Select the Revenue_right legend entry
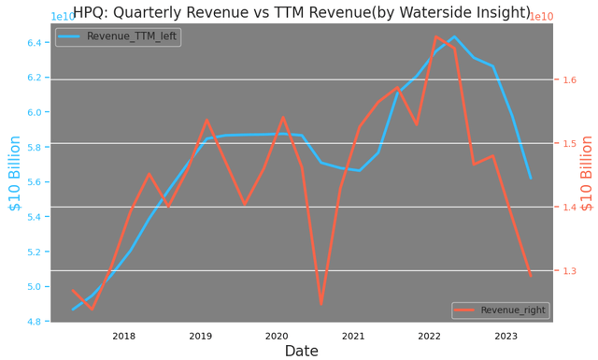501,310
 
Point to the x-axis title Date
301,352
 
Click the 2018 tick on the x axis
123,336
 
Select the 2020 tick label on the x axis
277,336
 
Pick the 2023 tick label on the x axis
505,336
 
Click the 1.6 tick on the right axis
569,80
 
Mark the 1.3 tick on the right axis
569,271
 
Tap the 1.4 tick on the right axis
569,208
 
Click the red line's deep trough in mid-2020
320,303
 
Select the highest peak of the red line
435,36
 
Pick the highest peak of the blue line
454,37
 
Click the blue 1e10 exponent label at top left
63,17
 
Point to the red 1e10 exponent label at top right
541,17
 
